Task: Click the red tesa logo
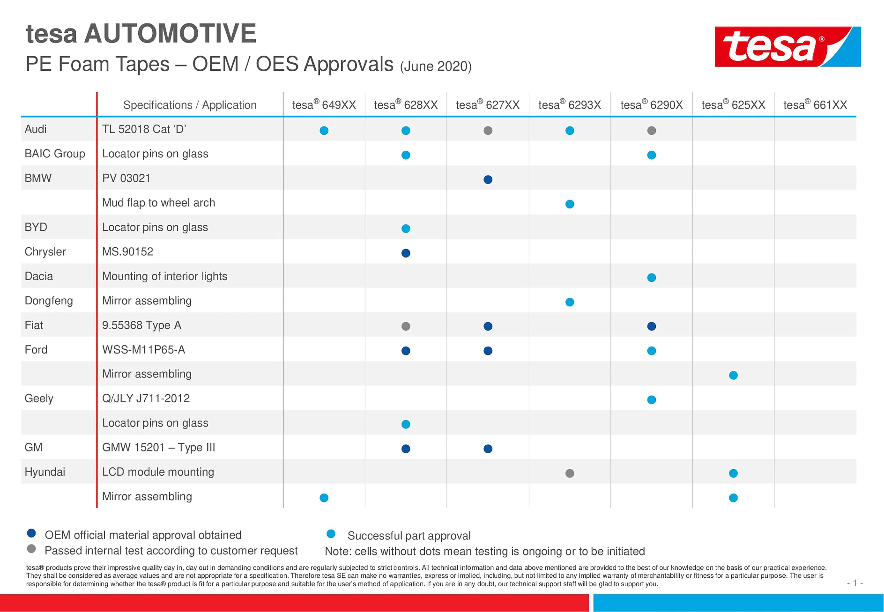(787, 46)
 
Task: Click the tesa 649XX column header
(324, 105)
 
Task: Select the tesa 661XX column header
(815, 105)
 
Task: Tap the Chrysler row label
(45, 252)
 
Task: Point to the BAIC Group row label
(55, 154)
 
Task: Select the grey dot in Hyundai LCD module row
(570, 473)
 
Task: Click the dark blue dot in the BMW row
(488, 179)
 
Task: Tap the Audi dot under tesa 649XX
(324, 131)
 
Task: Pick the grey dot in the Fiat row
(406, 326)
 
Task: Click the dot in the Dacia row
(651, 278)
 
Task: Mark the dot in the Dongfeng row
(570, 302)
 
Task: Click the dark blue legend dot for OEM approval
(31, 533)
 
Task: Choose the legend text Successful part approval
(409, 536)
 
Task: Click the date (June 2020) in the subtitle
(436, 66)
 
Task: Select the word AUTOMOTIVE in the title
(170, 34)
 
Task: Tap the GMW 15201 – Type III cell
(158, 448)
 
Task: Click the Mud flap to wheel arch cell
(158, 203)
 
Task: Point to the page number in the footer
(854, 583)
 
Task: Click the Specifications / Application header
(190, 105)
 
